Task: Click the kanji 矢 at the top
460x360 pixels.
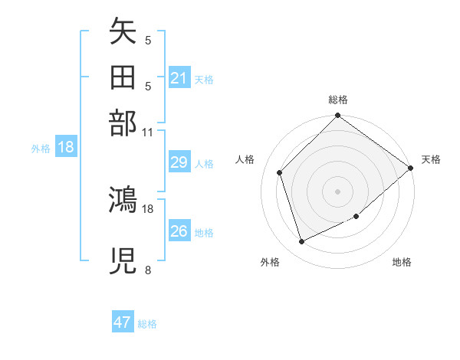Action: tap(123, 32)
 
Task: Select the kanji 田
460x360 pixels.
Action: tap(123, 77)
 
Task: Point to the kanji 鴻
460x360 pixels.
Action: tap(123, 201)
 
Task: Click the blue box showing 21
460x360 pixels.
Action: tap(179, 77)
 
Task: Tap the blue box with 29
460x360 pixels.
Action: tap(179, 162)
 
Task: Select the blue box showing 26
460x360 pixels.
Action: tap(179, 231)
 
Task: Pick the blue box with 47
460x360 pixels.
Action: tap(123, 322)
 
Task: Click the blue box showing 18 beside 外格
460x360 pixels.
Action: tap(66, 148)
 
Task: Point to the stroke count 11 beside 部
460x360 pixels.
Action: tap(148, 132)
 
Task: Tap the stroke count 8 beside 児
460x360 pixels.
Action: tap(148, 270)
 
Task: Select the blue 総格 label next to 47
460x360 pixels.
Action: tap(147, 324)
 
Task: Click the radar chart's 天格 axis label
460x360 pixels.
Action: tap(431, 159)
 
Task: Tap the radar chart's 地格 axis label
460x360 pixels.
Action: tap(402, 262)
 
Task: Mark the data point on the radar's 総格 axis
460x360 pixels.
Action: tap(337, 116)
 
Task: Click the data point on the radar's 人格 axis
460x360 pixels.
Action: tap(280, 172)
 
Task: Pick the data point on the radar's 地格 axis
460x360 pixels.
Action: tap(356, 217)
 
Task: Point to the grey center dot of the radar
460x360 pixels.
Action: tap(337, 191)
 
